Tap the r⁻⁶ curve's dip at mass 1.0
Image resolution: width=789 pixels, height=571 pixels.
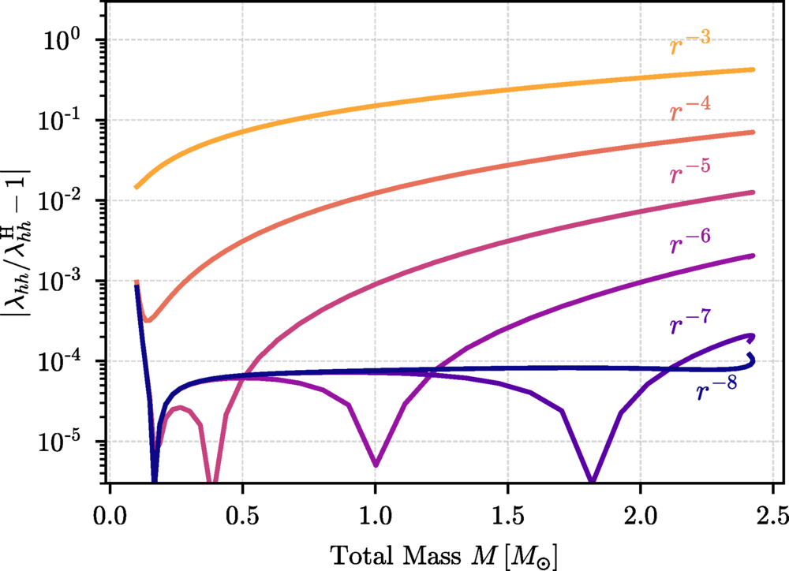pos(376,464)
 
